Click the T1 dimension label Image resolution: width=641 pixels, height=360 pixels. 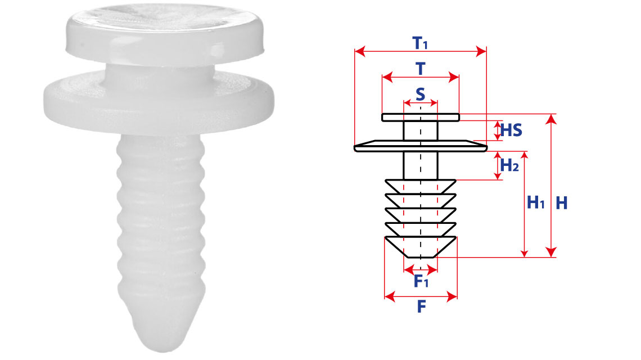(x=420, y=43)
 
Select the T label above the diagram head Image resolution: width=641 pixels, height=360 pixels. (x=420, y=68)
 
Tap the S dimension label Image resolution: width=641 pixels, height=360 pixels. (x=420, y=94)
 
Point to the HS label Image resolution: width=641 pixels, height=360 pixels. (x=512, y=130)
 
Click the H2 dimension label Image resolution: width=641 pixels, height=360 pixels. (x=509, y=165)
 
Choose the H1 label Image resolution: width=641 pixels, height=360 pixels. (x=535, y=202)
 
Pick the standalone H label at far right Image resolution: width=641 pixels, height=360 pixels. (x=562, y=203)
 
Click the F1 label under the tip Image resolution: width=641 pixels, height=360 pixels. (x=421, y=281)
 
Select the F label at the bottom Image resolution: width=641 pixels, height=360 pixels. (x=422, y=307)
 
